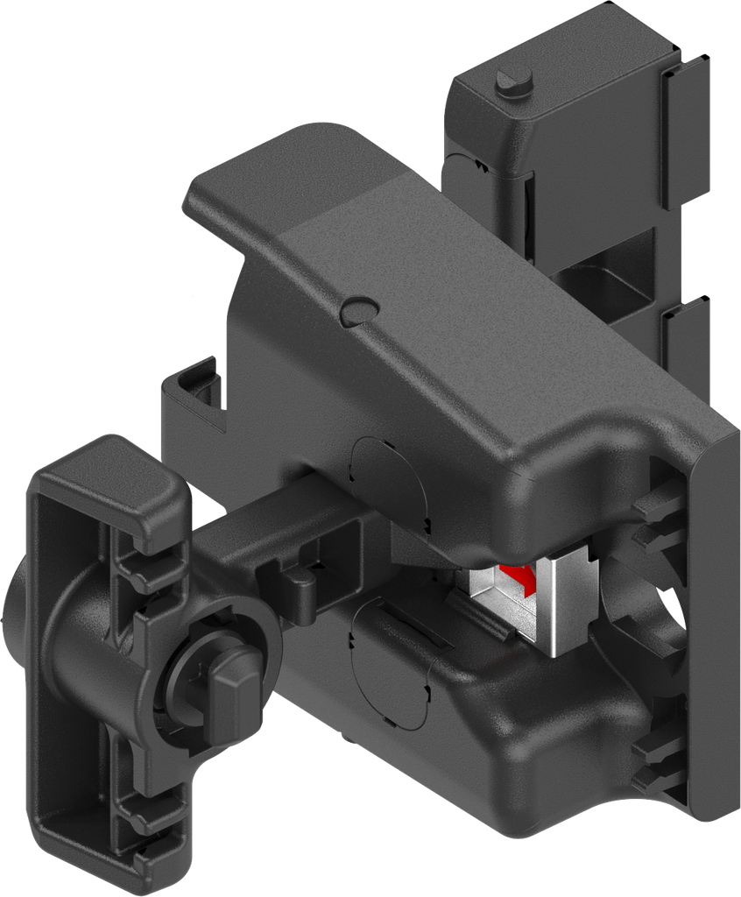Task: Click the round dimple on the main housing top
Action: pos(359,308)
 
